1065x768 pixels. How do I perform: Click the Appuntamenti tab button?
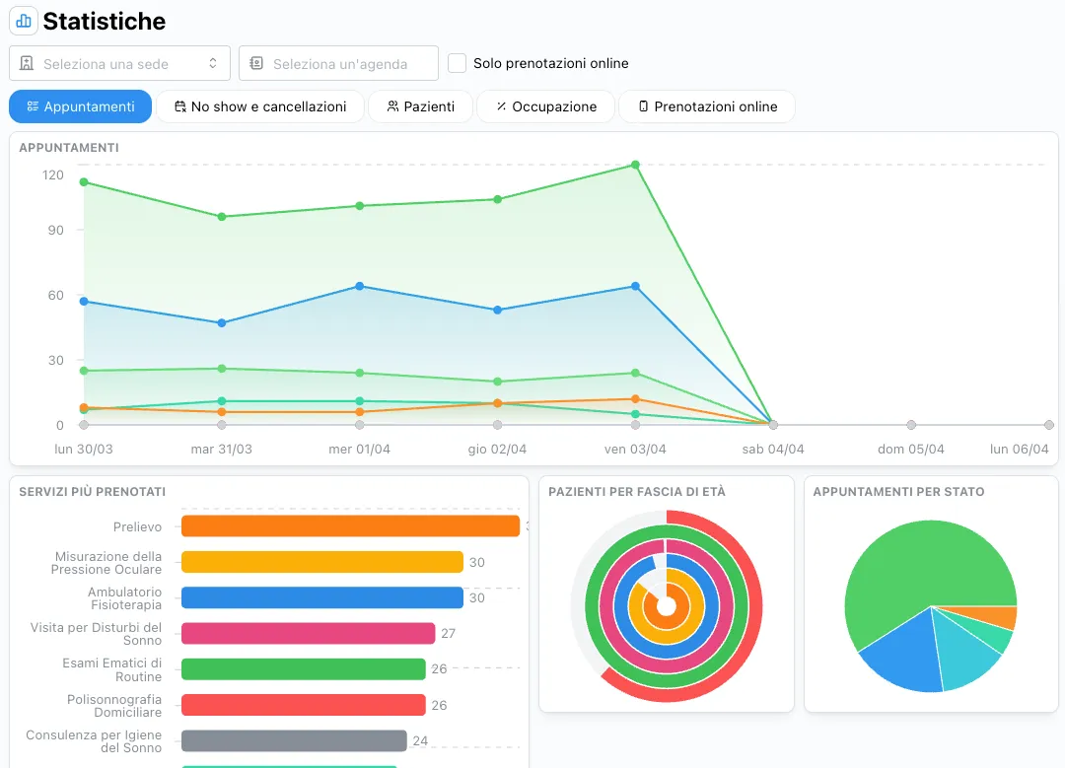80,106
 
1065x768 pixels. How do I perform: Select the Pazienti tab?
420,106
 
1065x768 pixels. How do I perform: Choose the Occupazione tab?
545,106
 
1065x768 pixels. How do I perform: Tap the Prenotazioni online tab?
706,106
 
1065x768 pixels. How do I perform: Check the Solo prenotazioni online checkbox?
457,63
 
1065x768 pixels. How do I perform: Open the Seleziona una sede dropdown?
119,63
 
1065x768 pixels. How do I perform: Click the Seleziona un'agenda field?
338,63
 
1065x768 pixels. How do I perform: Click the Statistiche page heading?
104,21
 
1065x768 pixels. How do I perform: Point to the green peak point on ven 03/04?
635,165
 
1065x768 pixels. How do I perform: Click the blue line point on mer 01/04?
359,286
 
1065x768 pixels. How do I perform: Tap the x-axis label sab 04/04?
773,449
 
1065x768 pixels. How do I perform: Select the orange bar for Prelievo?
350,526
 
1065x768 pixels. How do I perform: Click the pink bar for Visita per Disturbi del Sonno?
308,633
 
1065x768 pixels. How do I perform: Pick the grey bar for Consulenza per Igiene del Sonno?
294,740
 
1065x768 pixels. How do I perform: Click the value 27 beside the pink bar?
448,633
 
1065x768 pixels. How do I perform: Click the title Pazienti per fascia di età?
636,491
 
